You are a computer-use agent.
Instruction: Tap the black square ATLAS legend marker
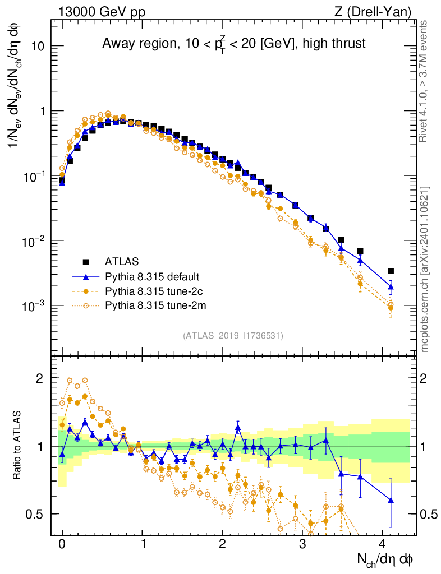click(x=86, y=261)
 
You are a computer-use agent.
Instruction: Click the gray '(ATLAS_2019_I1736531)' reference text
click(x=233, y=336)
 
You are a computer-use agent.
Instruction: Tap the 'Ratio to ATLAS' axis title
click(x=18, y=446)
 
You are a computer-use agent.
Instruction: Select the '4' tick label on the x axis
click(x=383, y=544)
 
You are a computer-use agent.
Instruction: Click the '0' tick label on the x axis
click(x=62, y=544)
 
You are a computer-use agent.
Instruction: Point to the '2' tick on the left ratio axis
click(x=39, y=378)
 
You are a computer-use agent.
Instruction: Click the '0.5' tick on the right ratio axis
click(x=429, y=514)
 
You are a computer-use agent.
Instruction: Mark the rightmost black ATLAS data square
click(x=391, y=271)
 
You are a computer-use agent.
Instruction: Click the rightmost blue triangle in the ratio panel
click(x=391, y=500)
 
